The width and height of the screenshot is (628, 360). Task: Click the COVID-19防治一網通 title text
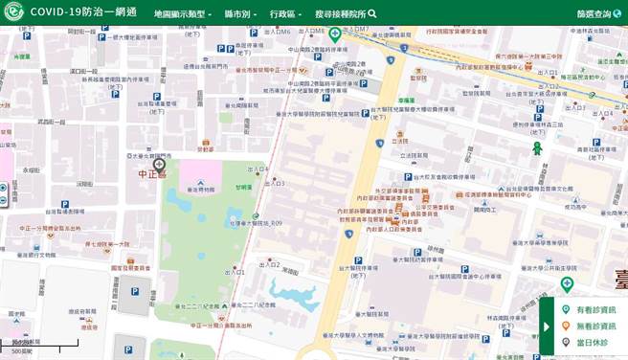pyautogui.click(x=83, y=12)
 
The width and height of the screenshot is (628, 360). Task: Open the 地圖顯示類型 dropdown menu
pyautogui.click(x=183, y=14)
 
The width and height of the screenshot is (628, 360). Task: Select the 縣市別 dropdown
pyautogui.click(x=240, y=14)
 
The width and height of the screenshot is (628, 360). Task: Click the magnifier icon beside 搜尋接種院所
pyautogui.click(x=372, y=13)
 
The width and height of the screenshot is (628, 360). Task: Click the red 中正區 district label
pyautogui.click(x=152, y=175)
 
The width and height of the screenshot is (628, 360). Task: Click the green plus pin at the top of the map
pyautogui.click(x=335, y=34)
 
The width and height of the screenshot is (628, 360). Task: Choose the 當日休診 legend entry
pyautogui.click(x=591, y=341)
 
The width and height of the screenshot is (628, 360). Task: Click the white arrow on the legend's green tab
pyautogui.click(x=547, y=326)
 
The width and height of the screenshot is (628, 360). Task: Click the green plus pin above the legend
pyautogui.click(x=567, y=284)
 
